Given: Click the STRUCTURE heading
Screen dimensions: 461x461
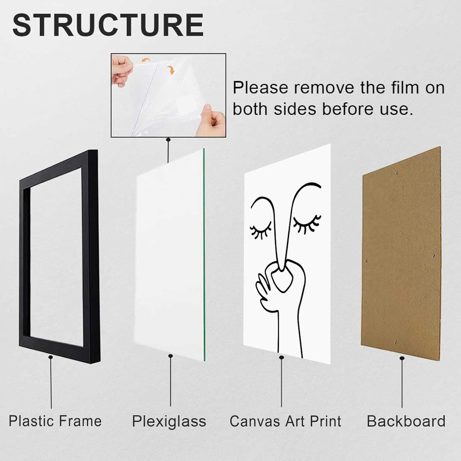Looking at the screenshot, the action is (108, 25).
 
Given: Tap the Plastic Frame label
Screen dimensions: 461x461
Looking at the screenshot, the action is (55, 421).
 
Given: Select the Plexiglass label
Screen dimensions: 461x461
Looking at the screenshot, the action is (169, 421).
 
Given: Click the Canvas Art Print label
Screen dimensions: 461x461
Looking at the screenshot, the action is (285, 421).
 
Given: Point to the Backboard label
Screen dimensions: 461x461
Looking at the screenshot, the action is (406, 421).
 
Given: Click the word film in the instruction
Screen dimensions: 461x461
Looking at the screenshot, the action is (405, 88).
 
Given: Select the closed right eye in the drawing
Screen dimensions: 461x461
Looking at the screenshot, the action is (307, 224).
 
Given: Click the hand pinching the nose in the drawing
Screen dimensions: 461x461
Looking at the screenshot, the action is (276, 282).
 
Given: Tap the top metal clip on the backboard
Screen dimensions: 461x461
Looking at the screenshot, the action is (397, 173).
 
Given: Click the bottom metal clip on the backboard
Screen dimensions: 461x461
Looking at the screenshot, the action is (395, 343).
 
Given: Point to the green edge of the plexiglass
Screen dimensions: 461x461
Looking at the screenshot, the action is (204, 254).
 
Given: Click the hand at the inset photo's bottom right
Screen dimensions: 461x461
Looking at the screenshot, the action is (211, 120).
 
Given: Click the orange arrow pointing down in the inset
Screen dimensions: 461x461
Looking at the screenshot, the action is (171, 70).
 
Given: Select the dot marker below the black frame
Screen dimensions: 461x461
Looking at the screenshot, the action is (50, 357).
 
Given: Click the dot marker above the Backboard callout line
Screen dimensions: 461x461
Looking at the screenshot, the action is (402, 358).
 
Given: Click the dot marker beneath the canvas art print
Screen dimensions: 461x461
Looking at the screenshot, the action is (281, 357).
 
